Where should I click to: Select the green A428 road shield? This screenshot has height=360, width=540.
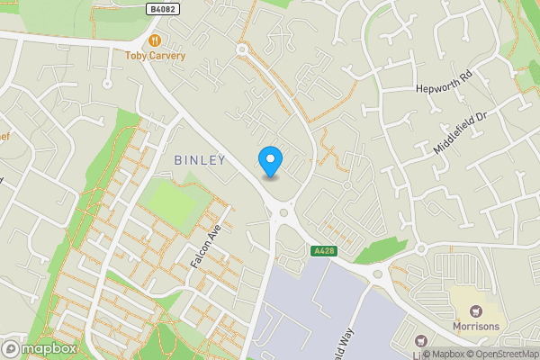pos(325,250)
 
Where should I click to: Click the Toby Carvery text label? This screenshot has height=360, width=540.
pos(155,56)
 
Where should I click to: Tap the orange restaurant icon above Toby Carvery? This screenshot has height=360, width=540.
pos(155,40)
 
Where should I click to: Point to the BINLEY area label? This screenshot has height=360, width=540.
pos(199,159)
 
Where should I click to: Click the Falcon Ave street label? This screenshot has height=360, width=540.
pos(205,246)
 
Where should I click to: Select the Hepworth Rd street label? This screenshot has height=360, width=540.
pos(444,82)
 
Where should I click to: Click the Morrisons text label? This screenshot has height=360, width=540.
pos(475,327)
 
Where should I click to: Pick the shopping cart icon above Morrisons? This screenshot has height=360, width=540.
pos(475,310)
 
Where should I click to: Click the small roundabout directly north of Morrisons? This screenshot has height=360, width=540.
pos(420,248)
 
